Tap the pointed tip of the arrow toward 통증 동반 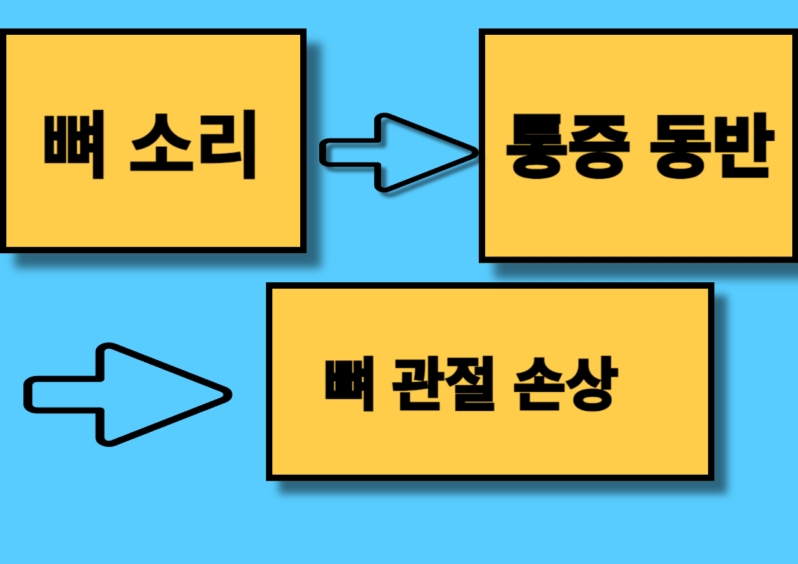(475, 152)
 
